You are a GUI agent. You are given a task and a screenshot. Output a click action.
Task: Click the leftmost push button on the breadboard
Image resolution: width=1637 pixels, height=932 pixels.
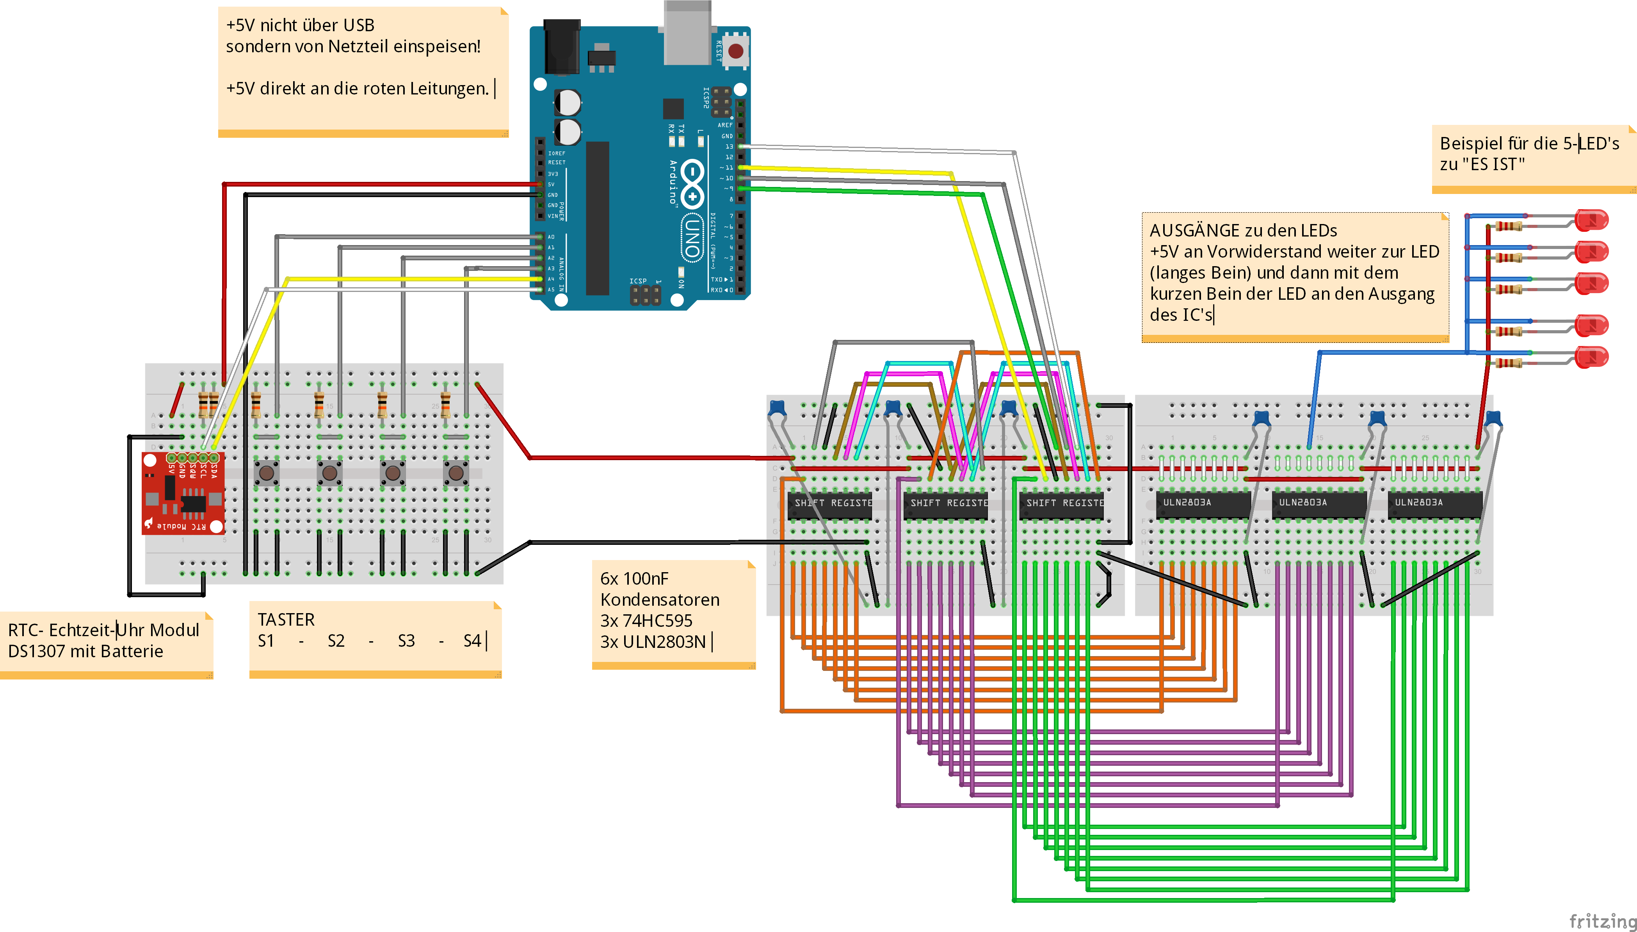tap(266, 473)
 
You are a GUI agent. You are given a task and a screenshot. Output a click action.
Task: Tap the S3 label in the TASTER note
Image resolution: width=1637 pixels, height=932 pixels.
tap(406, 641)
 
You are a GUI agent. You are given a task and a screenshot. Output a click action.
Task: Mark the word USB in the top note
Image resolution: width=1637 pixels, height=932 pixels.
tap(358, 26)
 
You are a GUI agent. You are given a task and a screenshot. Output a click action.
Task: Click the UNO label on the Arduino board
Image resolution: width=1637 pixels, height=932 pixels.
tap(692, 237)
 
